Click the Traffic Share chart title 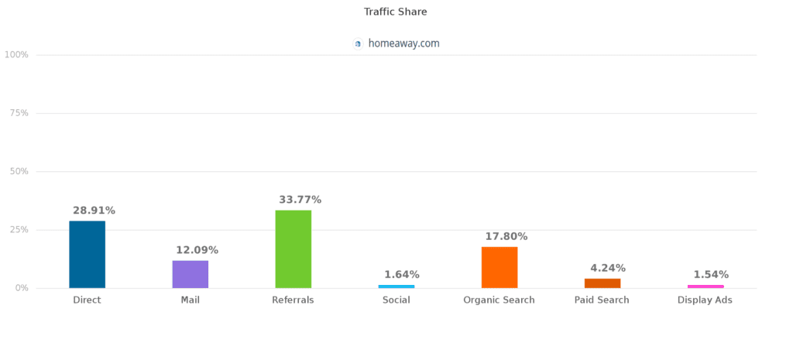point(395,12)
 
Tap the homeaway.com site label point(403,43)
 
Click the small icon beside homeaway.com point(358,44)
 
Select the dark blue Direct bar point(87,255)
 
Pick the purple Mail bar point(190,274)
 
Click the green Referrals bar point(293,249)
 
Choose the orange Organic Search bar point(499,267)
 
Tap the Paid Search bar point(602,283)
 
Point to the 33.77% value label point(300,200)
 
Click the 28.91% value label point(94,211)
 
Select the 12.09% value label point(197,250)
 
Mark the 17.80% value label point(506,236)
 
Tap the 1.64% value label point(402,274)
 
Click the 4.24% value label point(608,268)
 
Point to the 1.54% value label point(711,274)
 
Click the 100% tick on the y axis point(16,55)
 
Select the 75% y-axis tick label point(18,113)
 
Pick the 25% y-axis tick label point(18,230)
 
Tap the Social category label point(396,300)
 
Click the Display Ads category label point(705,300)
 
